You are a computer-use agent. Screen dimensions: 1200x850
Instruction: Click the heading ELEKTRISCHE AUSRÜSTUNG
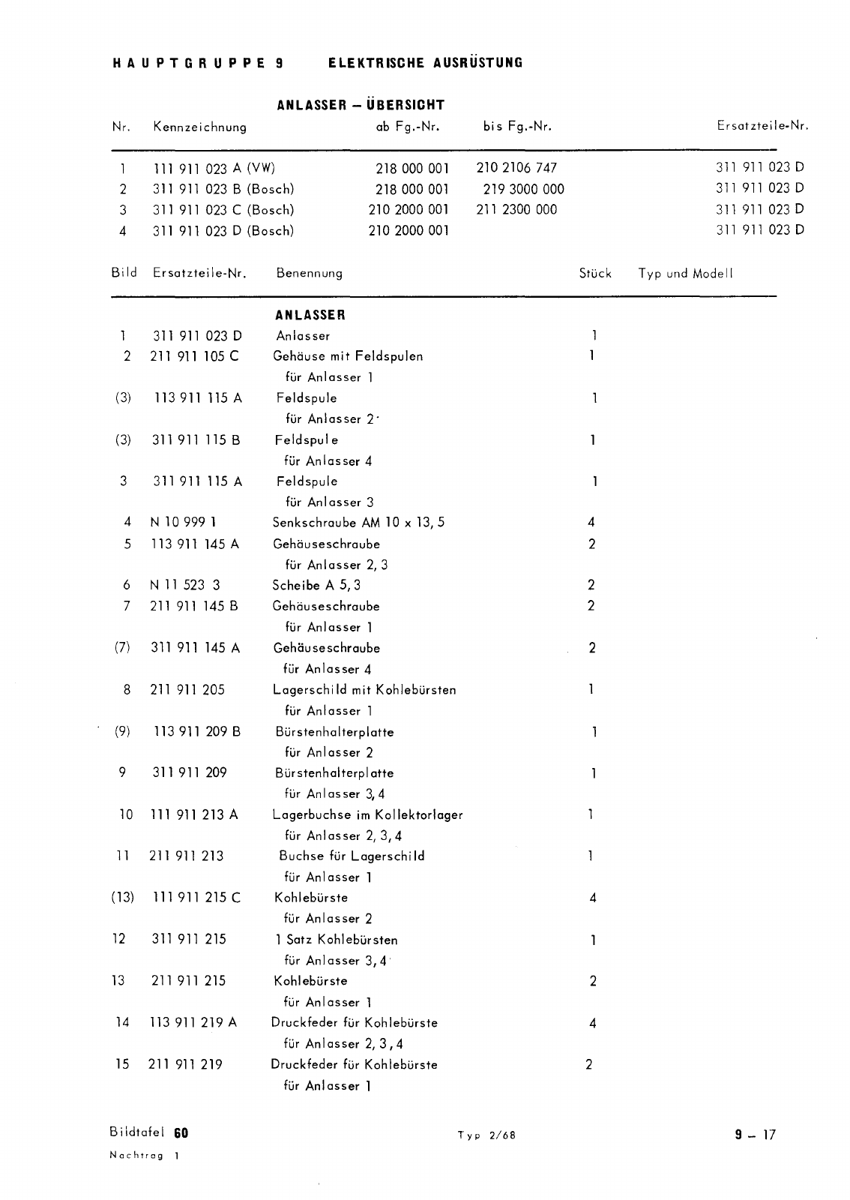[x=425, y=63]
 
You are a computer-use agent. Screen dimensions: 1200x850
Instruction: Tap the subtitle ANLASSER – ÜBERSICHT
[x=361, y=105]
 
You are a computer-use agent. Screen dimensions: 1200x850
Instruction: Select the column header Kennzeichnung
[x=199, y=127]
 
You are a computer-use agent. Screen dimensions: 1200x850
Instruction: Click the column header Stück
[x=595, y=273]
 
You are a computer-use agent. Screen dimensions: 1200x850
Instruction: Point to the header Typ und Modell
[x=685, y=273]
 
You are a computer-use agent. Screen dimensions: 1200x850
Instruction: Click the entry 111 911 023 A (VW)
[x=214, y=168]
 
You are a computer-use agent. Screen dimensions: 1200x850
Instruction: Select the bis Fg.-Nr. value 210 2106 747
[x=516, y=168]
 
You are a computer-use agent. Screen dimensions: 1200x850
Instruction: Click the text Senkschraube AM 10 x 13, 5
[x=358, y=523]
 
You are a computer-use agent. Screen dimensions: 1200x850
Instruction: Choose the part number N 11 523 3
[x=185, y=585]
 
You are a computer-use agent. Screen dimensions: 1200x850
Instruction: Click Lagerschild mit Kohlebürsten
[x=364, y=690]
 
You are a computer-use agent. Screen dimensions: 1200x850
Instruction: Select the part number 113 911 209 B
[x=197, y=731]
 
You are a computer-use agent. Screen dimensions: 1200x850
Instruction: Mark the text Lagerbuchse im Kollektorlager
[x=368, y=814]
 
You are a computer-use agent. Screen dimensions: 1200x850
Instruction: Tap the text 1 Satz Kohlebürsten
[x=336, y=940]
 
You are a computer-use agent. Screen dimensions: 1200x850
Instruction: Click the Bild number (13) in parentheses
[x=122, y=898]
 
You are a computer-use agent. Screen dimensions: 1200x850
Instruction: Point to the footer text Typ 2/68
[x=486, y=1135]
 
